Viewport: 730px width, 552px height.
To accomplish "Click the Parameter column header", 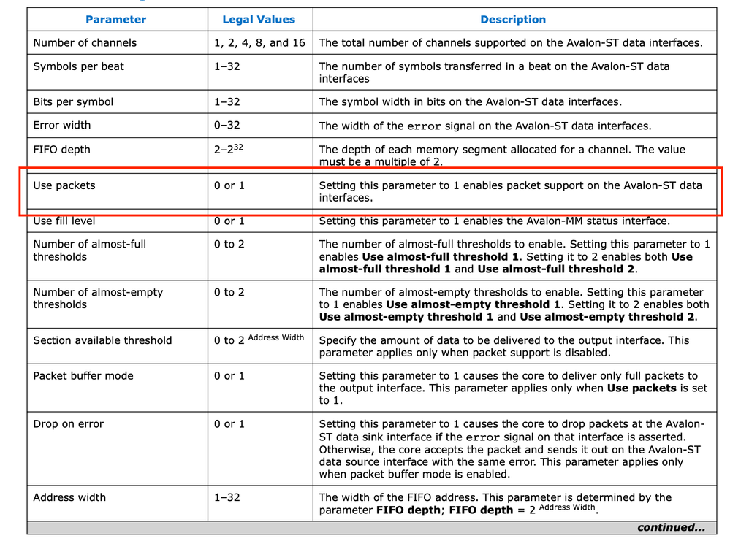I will (115, 20).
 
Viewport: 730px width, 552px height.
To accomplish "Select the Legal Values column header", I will (259, 20).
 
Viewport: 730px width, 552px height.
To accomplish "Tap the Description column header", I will (513, 20).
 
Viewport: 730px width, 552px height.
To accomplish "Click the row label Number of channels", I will (85, 43).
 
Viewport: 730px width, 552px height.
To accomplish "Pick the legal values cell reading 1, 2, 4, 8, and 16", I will (259, 43).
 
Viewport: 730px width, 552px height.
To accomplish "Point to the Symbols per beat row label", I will (78, 66).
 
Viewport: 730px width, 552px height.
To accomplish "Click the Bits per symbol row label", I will (73, 102).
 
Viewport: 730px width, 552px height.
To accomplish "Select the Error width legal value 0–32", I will (227, 126).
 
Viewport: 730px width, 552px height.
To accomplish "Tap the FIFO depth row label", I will (61, 150).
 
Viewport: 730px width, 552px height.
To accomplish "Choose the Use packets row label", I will (64, 185).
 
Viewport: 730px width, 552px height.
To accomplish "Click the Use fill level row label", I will (64, 221).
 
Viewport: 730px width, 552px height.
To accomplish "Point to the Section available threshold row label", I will (102, 340).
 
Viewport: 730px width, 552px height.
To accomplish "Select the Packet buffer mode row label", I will (83, 376).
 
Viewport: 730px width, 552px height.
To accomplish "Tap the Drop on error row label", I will (69, 424).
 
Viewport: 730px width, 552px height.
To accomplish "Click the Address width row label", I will (69, 497).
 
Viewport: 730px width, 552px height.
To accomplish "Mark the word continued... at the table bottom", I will (671, 527).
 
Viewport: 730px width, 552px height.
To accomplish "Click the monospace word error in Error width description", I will (424, 126).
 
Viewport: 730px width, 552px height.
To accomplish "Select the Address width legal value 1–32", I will (227, 497).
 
